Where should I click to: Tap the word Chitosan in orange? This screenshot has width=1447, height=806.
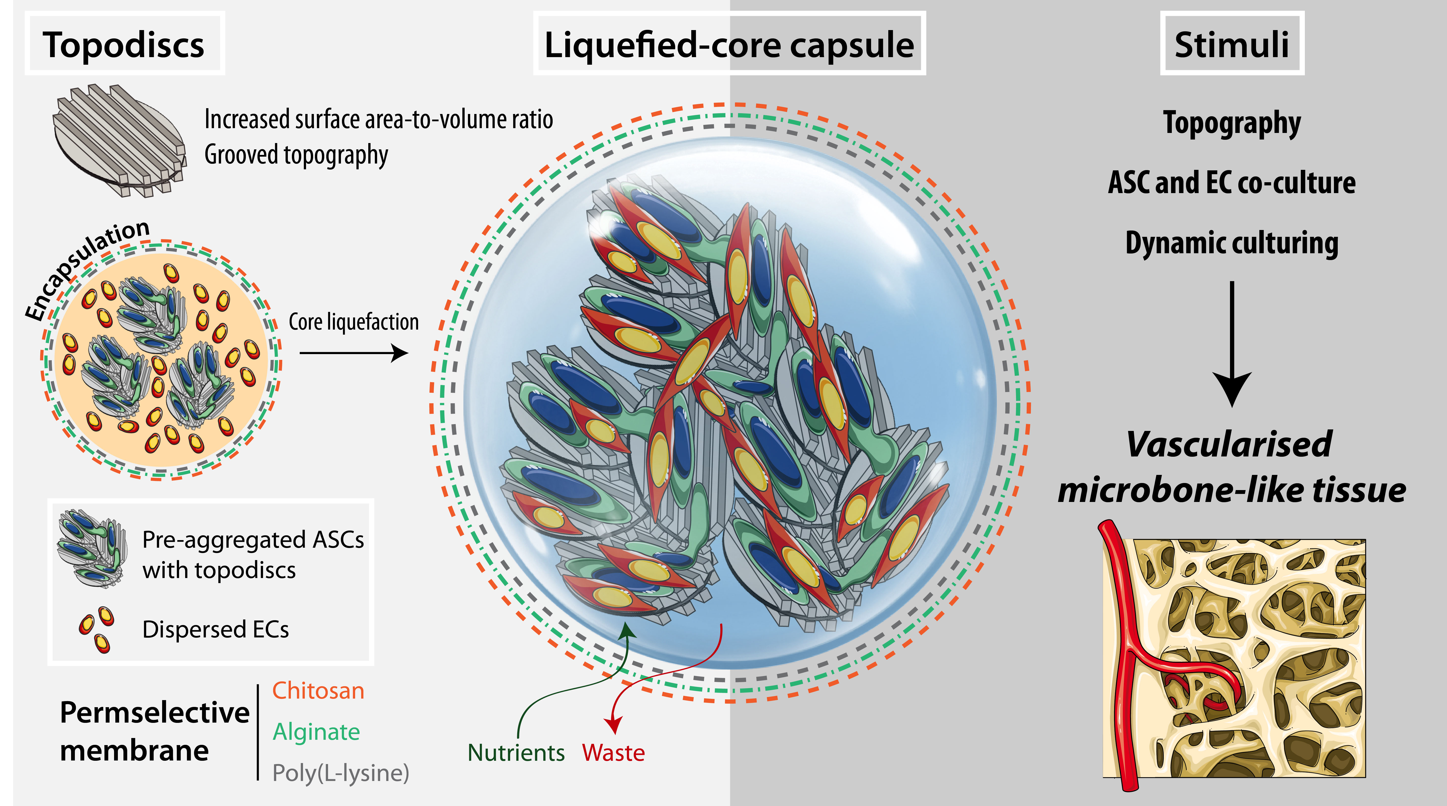[318, 690]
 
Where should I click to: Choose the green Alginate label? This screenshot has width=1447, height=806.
[316, 731]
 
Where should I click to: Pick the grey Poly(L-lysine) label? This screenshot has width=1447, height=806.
[340, 773]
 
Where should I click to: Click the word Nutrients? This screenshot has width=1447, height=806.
[516, 753]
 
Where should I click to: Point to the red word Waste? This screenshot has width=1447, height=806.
[613, 753]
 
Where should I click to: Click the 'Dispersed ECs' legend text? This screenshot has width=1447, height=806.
[216, 629]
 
